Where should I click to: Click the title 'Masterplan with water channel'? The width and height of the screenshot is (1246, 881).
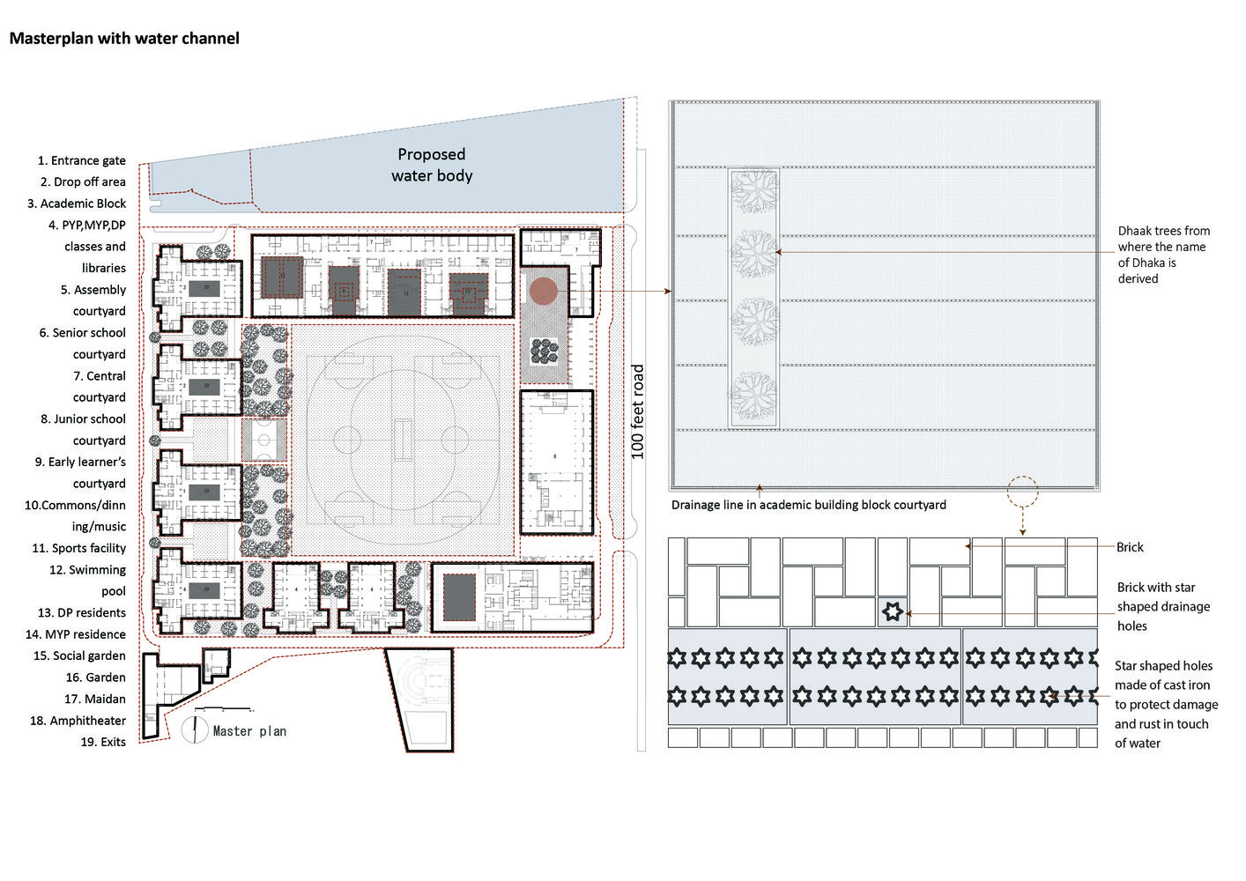pyautogui.click(x=124, y=38)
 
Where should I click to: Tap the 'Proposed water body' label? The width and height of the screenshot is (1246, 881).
pyautogui.click(x=432, y=165)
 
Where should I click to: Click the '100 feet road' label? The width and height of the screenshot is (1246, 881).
pyautogui.click(x=638, y=411)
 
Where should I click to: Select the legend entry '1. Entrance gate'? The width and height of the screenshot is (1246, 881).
pyautogui.click(x=81, y=160)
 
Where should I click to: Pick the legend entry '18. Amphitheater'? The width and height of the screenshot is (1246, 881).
pyautogui.click(x=78, y=721)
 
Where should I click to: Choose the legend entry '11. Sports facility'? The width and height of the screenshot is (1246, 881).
pyautogui.click(x=78, y=548)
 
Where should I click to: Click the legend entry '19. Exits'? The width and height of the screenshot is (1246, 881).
pyautogui.click(x=103, y=742)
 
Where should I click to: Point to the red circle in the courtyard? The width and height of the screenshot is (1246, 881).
pyautogui.click(x=543, y=292)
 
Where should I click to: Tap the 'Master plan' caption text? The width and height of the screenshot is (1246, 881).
pyautogui.click(x=249, y=731)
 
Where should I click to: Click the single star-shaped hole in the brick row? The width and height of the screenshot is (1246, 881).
pyautogui.click(x=893, y=611)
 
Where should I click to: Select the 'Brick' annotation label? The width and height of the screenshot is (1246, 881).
pyautogui.click(x=1130, y=547)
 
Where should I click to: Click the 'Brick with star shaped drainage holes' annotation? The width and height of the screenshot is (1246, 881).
pyautogui.click(x=1163, y=606)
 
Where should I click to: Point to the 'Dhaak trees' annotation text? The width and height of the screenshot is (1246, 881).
pyautogui.click(x=1163, y=255)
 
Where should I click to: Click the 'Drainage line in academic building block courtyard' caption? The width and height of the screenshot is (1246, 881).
pyautogui.click(x=808, y=505)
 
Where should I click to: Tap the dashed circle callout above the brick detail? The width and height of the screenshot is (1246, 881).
pyautogui.click(x=1022, y=492)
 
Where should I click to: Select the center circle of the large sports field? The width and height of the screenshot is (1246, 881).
pyautogui.click(x=402, y=439)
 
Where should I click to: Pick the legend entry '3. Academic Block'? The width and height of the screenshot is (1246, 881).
pyautogui.click(x=77, y=204)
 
